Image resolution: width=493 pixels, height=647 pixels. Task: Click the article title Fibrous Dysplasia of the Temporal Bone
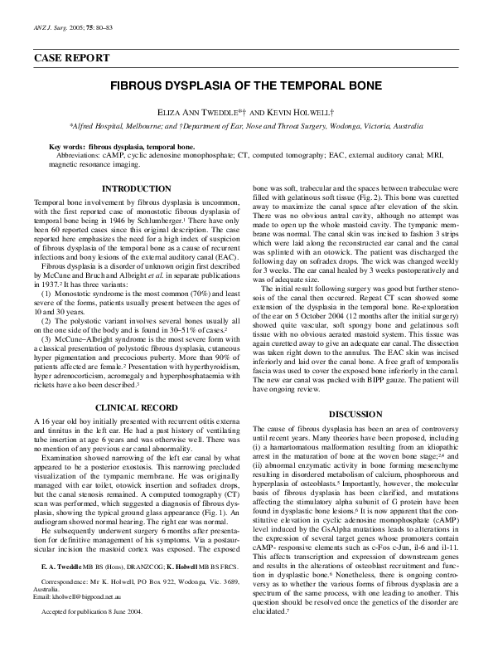point(245,85)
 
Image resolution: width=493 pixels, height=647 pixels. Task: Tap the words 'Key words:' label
point(68,146)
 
